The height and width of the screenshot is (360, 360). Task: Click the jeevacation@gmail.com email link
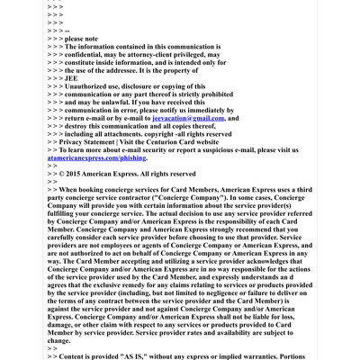click(189, 118)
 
